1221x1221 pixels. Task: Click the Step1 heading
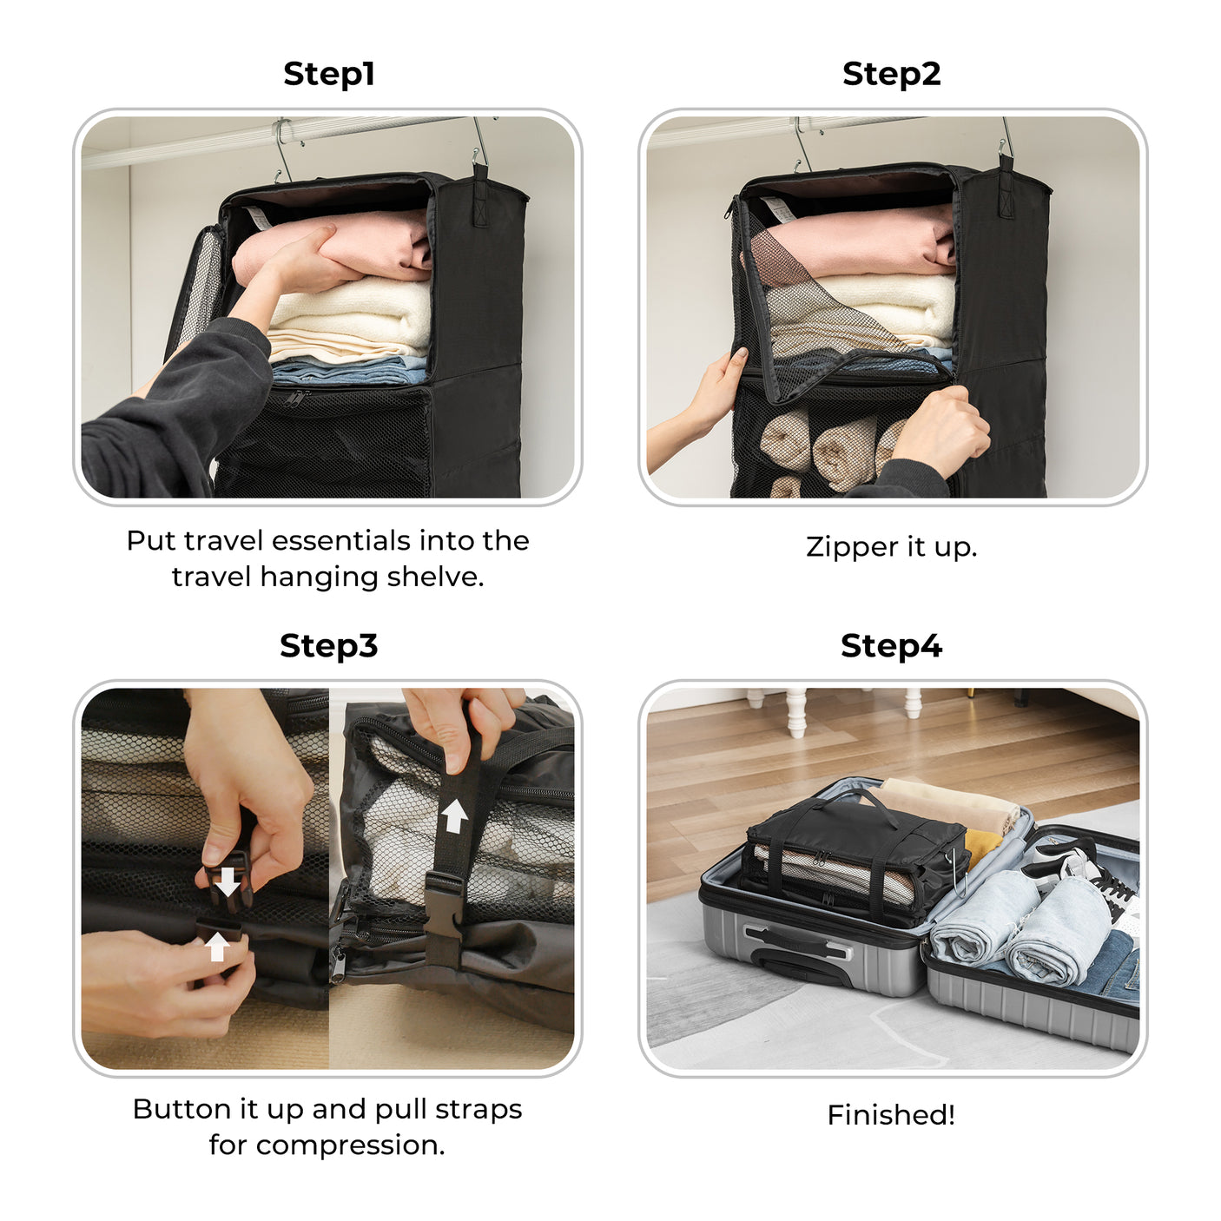click(x=328, y=74)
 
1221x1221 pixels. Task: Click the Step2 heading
click(x=891, y=74)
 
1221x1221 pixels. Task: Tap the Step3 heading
click(x=328, y=646)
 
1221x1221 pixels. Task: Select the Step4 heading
click(x=891, y=646)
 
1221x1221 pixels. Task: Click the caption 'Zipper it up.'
click(x=891, y=547)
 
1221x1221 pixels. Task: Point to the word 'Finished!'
click(x=891, y=1115)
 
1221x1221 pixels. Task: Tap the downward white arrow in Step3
click(x=228, y=881)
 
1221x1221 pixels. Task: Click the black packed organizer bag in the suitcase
click(x=855, y=855)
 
